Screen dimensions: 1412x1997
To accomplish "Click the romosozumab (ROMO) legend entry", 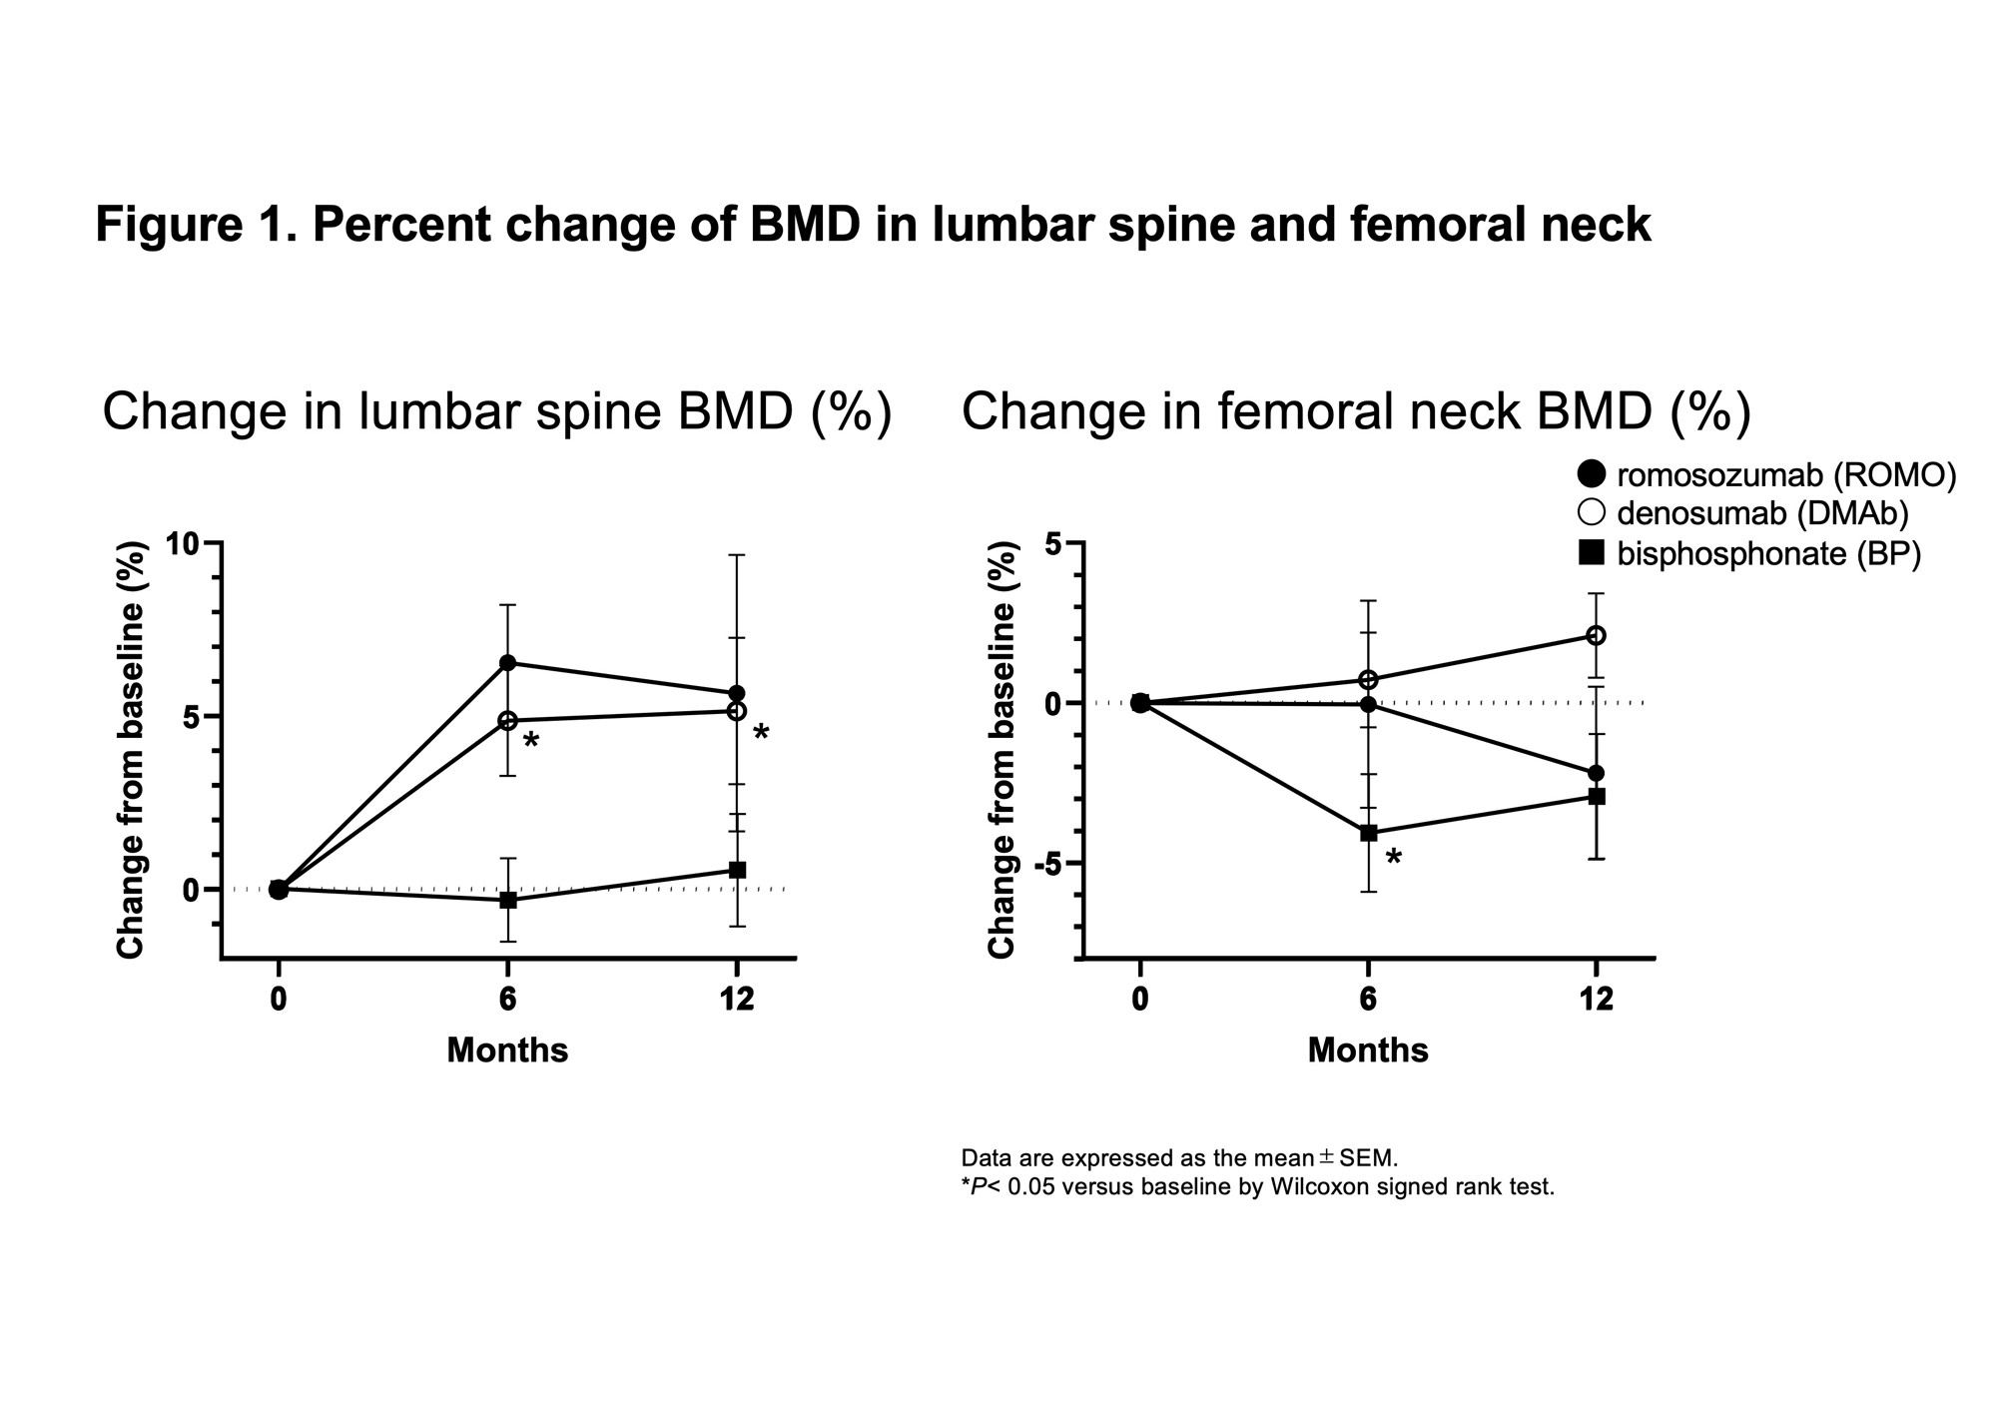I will (1767, 475).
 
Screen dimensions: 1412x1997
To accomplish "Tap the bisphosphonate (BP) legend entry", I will (1749, 553).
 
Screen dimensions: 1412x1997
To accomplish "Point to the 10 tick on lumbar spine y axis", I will (183, 544).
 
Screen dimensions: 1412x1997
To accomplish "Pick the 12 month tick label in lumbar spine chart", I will (737, 1000).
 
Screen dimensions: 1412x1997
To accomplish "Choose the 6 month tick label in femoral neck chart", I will (1368, 1000).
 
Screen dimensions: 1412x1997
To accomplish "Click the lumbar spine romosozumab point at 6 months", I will (507, 663).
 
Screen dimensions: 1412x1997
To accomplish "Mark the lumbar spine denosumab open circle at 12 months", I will (737, 711).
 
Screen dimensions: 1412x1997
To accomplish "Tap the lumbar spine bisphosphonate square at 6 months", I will (507, 900).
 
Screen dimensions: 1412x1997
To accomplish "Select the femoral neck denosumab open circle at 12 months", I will (1596, 635).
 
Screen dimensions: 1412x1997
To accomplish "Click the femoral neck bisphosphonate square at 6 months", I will (1368, 832).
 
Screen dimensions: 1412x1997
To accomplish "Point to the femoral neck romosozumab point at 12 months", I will (1596, 773).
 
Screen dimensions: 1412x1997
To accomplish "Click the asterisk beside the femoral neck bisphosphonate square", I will (1394, 858).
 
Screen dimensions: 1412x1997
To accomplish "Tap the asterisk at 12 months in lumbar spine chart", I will (761, 734).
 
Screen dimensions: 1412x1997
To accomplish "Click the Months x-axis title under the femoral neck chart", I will (1368, 1051).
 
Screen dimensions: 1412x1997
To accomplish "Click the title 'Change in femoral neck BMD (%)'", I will (1356, 411).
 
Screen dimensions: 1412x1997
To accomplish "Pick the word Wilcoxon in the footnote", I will (1317, 1188).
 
